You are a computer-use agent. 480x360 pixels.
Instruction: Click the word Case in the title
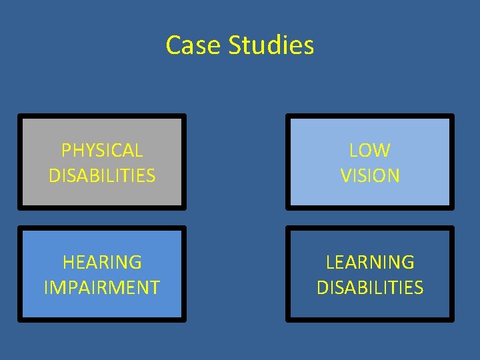point(194,45)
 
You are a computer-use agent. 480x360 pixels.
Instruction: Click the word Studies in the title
point(271,45)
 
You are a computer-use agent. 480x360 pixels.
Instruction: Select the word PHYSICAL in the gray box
point(102,151)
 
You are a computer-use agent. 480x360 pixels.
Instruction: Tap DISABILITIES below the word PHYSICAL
point(102,176)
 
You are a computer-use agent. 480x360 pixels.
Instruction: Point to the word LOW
point(370,151)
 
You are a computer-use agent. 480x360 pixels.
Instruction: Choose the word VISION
point(370,176)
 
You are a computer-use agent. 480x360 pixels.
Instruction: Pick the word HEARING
point(102,262)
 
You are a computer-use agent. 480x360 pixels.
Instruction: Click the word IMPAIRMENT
point(102,287)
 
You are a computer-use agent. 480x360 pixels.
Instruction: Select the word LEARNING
point(370,262)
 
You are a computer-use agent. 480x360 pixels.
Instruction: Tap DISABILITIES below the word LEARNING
point(370,287)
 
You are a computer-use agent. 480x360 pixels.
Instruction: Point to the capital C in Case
point(173,45)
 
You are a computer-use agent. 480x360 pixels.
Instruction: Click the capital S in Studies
point(235,45)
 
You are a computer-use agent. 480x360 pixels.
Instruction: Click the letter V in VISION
point(346,176)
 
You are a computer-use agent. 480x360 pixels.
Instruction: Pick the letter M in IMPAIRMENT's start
point(57,287)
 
